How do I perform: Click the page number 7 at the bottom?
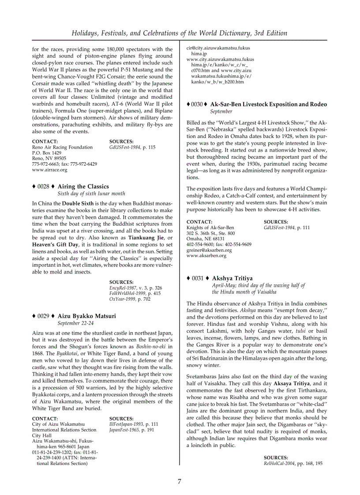point(180,481)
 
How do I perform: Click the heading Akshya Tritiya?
point(232,279)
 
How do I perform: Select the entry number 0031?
point(197,279)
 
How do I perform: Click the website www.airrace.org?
point(50,170)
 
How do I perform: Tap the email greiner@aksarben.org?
point(209,250)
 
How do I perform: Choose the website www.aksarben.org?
point(206,255)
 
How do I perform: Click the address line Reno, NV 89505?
point(49,158)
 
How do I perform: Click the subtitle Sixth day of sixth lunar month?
point(91,194)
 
